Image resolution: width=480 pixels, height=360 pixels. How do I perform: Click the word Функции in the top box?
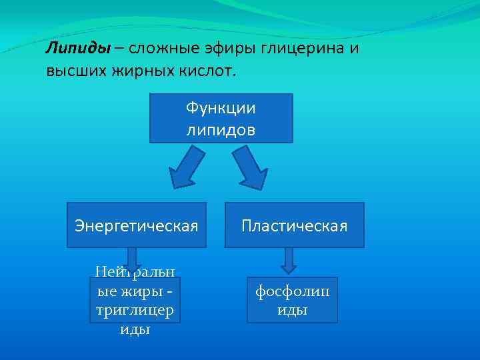(221, 108)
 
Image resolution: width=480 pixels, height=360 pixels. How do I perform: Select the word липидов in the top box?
(221, 129)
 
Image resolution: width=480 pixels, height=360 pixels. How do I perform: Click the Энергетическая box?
(137, 225)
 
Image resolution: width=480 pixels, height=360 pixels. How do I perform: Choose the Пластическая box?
(294, 225)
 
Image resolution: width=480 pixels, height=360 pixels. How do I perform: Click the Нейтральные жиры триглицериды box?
(135, 301)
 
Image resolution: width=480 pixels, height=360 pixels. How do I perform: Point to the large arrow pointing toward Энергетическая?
(185, 167)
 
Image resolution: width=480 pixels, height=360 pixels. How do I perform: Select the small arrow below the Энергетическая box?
(132, 259)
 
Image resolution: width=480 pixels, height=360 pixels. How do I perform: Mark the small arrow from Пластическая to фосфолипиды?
(288, 261)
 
